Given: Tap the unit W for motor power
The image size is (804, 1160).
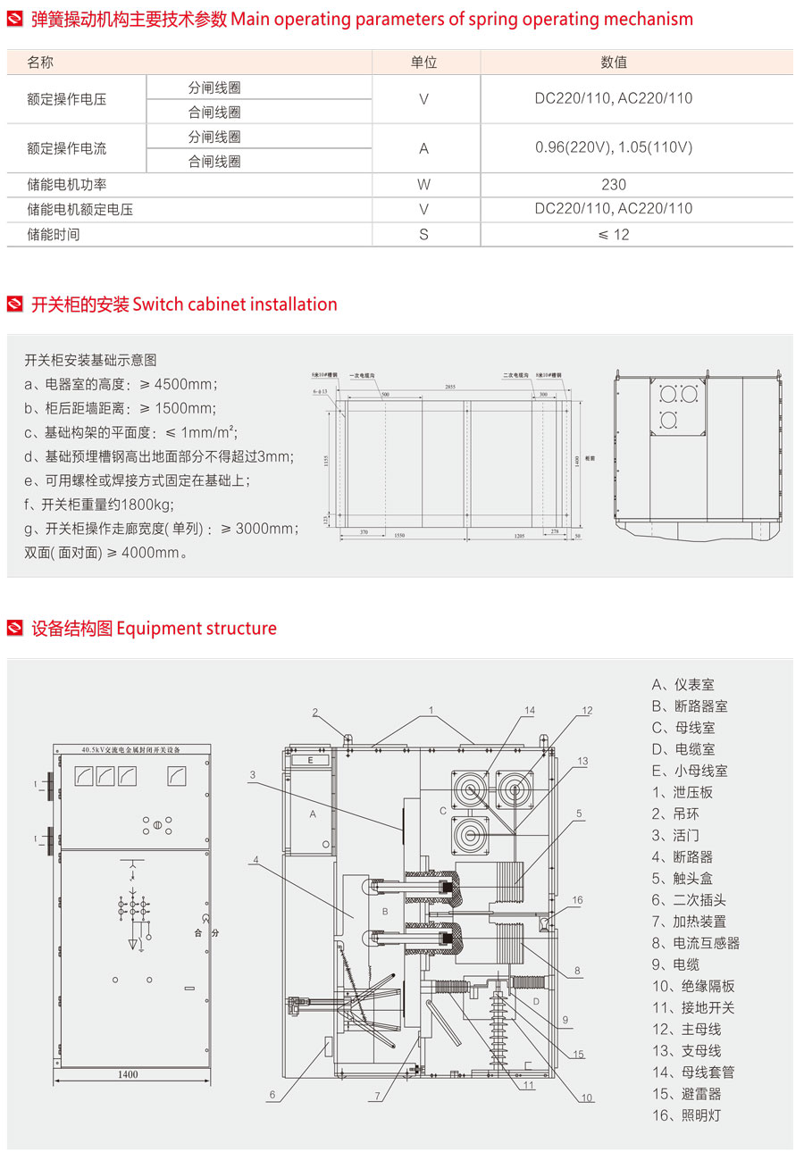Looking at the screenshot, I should tap(424, 185).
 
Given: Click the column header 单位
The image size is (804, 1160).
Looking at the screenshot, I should tap(424, 63).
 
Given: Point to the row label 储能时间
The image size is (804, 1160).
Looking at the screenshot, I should tap(54, 234).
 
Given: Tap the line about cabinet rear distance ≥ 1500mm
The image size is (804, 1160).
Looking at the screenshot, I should tap(121, 408).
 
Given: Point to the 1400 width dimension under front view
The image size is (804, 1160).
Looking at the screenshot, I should tap(128, 1074).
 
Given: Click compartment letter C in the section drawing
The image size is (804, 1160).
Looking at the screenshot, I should tap(442, 811).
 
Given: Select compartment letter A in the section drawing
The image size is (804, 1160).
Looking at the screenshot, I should tap(313, 814).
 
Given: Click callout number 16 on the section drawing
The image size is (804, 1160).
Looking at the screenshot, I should tap(577, 900).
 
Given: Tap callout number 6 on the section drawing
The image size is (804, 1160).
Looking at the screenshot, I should tap(272, 1094).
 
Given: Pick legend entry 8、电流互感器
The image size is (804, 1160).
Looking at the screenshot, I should tap(695, 943).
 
